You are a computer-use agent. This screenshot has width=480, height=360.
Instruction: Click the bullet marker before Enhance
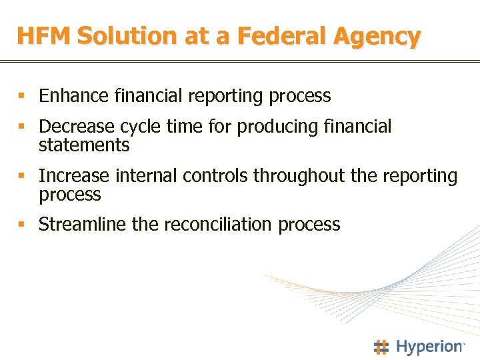coord(22,97)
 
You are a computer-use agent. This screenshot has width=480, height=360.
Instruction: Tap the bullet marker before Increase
coord(22,177)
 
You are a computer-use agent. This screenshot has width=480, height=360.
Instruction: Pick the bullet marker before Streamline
coord(22,225)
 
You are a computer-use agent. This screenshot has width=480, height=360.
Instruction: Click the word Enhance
coord(74,96)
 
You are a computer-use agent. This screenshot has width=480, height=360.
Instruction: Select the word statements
coord(84,145)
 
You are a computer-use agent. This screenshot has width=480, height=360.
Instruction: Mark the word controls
coord(214,176)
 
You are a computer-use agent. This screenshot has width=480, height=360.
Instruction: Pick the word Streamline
coord(83,225)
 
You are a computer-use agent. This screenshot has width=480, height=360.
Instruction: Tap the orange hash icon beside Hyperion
coord(381,347)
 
